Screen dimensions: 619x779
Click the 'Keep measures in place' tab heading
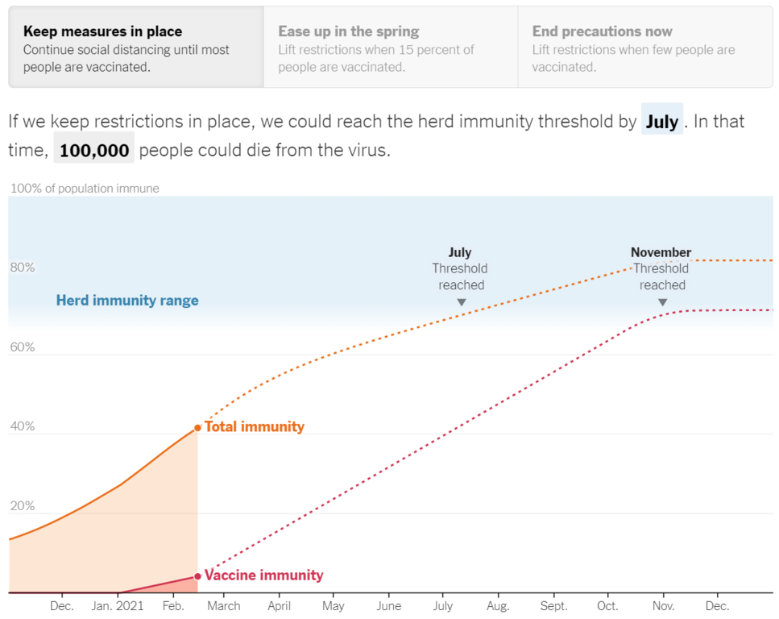point(102,31)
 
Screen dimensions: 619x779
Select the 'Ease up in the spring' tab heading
point(348,31)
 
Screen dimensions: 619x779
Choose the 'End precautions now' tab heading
point(602,31)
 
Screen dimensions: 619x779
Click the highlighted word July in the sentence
point(661,122)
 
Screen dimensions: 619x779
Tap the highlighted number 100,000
point(94,150)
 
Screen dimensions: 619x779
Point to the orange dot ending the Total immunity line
point(197,427)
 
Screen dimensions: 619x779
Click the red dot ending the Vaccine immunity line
point(197,576)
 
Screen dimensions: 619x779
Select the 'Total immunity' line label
point(255,426)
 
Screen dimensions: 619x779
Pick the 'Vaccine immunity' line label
point(263,575)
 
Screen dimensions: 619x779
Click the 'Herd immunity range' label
point(127,301)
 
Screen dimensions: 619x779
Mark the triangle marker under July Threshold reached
point(462,302)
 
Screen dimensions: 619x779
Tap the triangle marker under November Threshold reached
point(662,302)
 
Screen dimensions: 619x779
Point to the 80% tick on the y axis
point(23,268)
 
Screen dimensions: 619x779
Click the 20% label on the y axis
point(23,506)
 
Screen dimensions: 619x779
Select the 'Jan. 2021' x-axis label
point(118,606)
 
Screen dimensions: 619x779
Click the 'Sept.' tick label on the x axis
point(553,606)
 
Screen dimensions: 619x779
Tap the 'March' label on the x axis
point(223,606)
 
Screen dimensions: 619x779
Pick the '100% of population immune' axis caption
point(85,189)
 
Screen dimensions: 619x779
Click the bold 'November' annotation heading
point(661,252)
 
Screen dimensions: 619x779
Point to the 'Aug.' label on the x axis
point(498,606)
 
